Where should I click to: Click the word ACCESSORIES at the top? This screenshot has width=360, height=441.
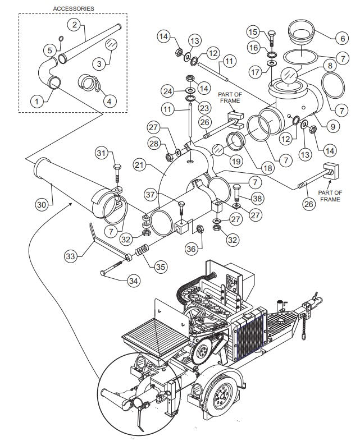tap(74, 9)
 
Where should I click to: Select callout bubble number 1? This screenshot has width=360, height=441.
tap(37, 102)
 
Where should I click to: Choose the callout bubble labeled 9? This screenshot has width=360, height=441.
tap(332, 126)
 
